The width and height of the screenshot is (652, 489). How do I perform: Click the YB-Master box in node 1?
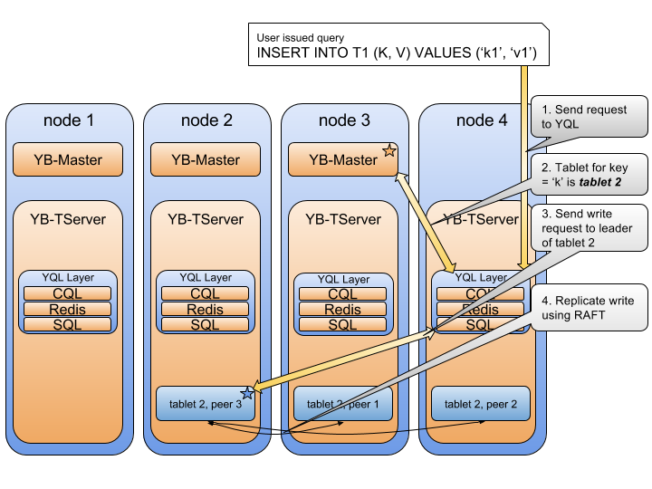tap(68, 160)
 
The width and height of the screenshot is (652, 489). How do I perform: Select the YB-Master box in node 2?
tap(206, 160)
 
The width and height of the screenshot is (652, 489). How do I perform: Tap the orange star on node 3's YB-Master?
tap(389, 150)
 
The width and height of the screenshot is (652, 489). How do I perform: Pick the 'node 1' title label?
tap(68, 120)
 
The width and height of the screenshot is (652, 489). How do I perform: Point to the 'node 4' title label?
tap(481, 120)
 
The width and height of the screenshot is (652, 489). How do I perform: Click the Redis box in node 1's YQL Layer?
tap(68, 309)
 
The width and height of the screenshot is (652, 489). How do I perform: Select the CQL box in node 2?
tap(206, 293)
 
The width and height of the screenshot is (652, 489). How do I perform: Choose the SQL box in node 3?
tap(343, 325)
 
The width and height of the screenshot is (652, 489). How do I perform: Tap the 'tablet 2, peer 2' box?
tap(481, 404)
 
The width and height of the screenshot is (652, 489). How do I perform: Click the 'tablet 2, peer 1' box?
tap(343, 404)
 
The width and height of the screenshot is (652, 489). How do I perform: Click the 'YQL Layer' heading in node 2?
tap(206, 278)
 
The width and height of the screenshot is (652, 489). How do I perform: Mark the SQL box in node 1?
tap(68, 324)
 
